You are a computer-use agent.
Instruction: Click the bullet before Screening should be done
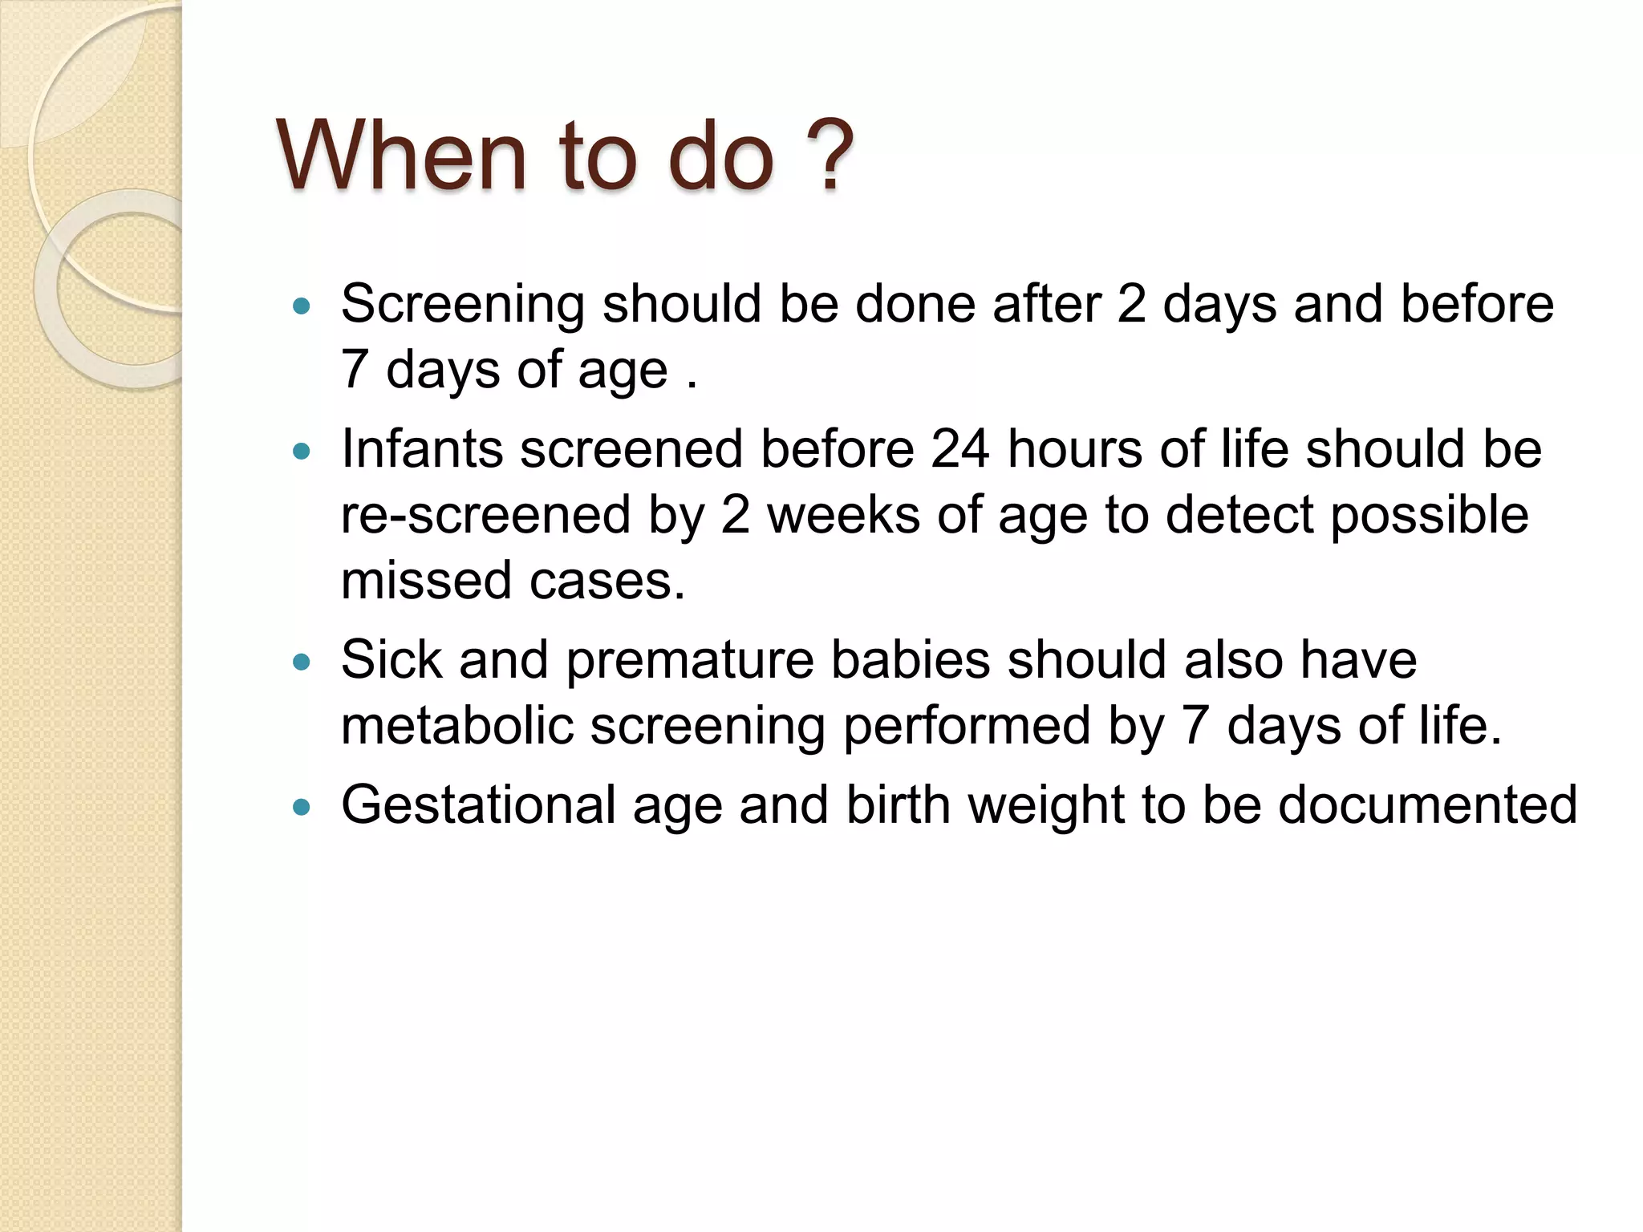(x=302, y=306)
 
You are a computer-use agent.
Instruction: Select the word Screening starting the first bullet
(x=463, y=306)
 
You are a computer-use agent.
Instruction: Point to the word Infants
(x=422, y=449)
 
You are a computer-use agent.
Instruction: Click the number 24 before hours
(x=959, y=449)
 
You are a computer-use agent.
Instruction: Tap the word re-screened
(x=485, y=516)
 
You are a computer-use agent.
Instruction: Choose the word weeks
(x=843, y=516)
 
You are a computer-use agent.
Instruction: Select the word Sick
(x=391, y=660)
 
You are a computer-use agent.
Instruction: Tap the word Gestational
(x=478, y=806)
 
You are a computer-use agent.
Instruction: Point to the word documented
(x=1427, y=805)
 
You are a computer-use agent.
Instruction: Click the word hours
(x=1075, y=449)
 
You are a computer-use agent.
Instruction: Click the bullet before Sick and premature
(x=302, y=662)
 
